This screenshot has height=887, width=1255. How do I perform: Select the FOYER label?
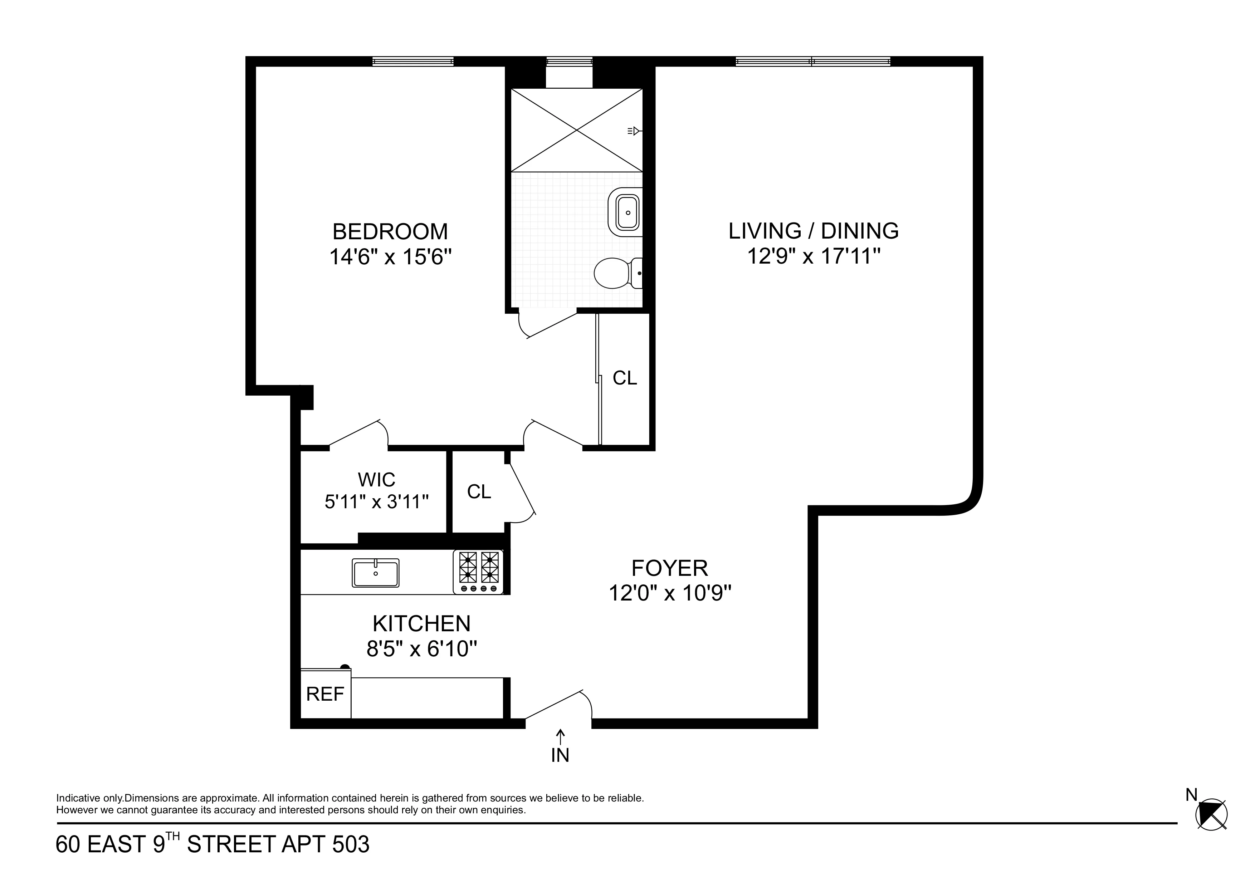coord(670,568)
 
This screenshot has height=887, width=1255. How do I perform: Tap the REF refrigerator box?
coord(325,695)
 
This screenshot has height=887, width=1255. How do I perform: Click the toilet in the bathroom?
coord(615,273)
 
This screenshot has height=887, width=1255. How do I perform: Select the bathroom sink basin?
coord(626,212)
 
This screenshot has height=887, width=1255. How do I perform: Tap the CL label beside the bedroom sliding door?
coord(625,378)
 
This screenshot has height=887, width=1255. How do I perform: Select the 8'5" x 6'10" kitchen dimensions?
coord(421,649)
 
